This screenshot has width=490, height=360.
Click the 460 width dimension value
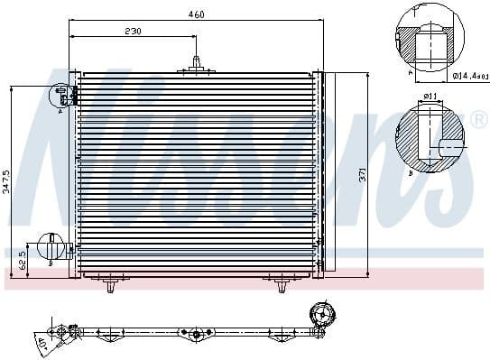coord(196,14)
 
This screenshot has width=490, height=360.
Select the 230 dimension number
coord(132,32)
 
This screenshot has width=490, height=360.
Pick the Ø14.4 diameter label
coord(470,78)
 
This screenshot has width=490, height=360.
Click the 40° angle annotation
coord(42,344)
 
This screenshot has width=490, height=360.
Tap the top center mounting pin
coord(195,65)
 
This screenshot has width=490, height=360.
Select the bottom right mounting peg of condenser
coord(281,285)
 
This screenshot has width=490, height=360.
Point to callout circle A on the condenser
coord(62,93)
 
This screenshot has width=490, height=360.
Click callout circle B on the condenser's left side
coord(51,248)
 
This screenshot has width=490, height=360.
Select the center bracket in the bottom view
coord(195,334)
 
